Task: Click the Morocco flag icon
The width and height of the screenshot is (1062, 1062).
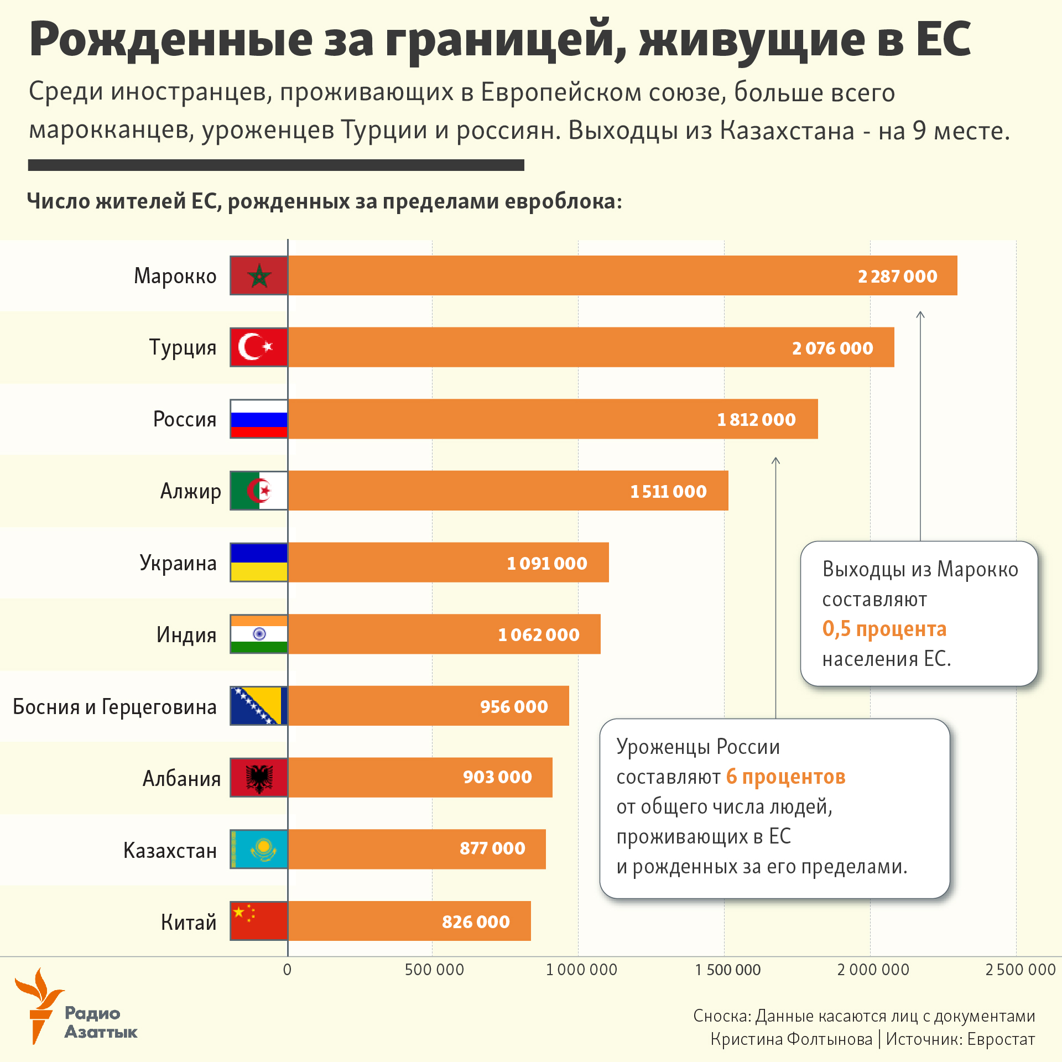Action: pos(259,275)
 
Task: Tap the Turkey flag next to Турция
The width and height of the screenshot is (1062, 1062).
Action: pos(259,347)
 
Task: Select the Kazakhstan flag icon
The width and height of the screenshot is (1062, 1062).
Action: pos(259,849)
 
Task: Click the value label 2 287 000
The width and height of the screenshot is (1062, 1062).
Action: pos(897,276)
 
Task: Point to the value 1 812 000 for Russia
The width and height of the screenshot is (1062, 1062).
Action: pos(756,419)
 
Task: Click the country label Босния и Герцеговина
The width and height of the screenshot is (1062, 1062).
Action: pos(114,706)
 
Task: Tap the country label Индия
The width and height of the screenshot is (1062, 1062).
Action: pos(186,634)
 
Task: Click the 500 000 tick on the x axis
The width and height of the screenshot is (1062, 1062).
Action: pos(434,970)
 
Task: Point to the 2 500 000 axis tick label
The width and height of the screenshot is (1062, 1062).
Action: pos(1021,970)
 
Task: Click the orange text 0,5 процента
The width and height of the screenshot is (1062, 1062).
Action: pos(884,629)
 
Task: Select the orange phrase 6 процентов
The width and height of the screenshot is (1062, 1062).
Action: pos(785,777)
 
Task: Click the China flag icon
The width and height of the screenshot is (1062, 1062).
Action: pos(259,921)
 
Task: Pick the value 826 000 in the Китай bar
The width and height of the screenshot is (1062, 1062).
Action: pos(476,922)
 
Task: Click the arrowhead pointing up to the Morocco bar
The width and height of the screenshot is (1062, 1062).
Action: pos(920,314)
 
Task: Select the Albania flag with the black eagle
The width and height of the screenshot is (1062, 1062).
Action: pos(259,778)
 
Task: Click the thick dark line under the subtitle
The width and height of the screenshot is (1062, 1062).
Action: pos(276,165)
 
